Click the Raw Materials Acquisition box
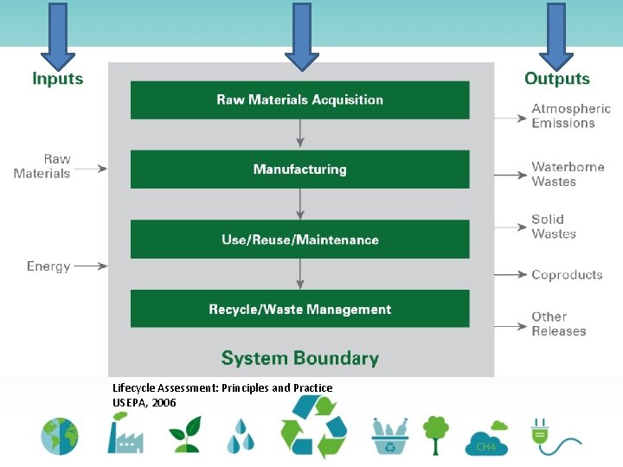[299, 100]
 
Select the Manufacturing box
[299, 170]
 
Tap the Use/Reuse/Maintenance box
[299, 240]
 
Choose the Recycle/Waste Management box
[299, 309]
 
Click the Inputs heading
[58, 79]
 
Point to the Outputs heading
[556, 79]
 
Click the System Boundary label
[299, 358]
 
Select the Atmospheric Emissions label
[570, 116]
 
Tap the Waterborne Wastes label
[568, 174]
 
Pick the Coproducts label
[567, 275]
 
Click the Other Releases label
[559, 323]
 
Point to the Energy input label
[48, 266]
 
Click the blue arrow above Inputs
[58, 35]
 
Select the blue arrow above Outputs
[556, 35]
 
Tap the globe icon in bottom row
[60, 437]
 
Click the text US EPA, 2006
[144, 403]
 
